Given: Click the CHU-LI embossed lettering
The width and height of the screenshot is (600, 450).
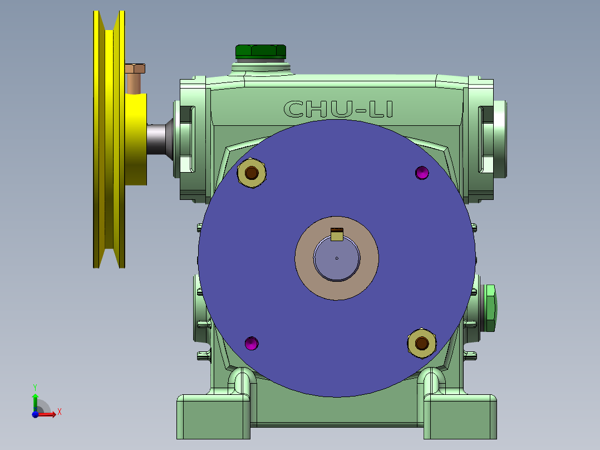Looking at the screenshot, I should [338, 109].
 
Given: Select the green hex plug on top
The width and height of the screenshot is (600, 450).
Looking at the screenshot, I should [260, 52].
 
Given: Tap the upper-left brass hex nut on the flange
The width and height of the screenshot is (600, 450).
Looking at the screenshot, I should [252, 174].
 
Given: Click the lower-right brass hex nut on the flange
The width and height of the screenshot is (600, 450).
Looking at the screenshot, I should [422, 343].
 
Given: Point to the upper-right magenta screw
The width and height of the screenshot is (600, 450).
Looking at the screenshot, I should [422, 173].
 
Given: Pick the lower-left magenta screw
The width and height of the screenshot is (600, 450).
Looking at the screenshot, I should [252, 344].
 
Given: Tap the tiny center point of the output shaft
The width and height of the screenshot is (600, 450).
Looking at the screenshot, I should [336, 258].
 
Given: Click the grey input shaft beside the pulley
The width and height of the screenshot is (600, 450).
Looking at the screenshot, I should [158, 140].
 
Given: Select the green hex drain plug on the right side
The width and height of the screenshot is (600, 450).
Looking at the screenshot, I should [490, 307].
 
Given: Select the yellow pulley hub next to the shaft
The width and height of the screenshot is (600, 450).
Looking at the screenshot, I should [135, 139].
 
